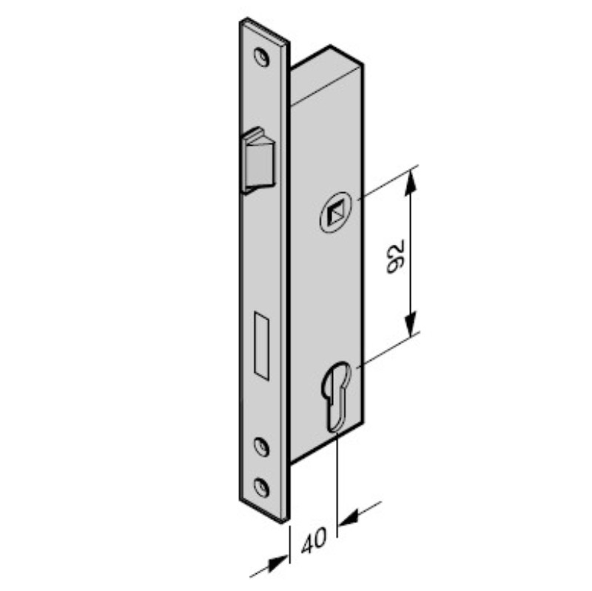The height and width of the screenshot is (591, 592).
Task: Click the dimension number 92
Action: (396, 257)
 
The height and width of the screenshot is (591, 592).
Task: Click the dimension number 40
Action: (314, 541)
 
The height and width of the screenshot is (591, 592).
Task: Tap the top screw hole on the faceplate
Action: (262, 57)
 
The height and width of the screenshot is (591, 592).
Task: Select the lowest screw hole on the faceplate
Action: (261, 487)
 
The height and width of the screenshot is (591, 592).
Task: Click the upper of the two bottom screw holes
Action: (261, 447)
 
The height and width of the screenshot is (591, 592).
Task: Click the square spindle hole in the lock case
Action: (335, 213)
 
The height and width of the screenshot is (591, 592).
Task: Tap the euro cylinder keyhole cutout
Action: (336, 396)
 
